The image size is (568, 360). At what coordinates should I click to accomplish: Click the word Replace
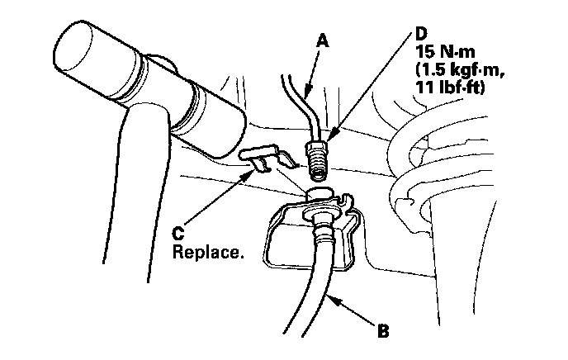click(x=209, y=249)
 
